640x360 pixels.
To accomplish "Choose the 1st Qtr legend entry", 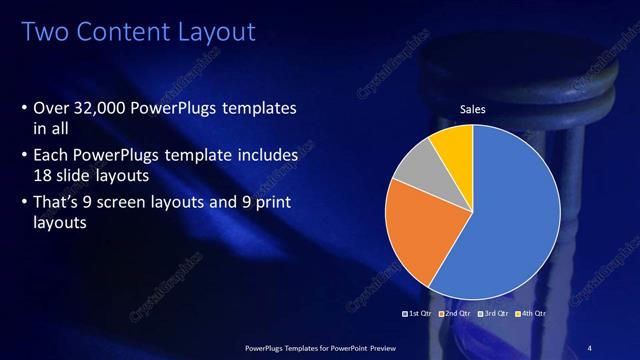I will click(419, 314).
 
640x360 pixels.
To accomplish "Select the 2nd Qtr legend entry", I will click(456, 314).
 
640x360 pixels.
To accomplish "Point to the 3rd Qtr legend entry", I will click(494, 314).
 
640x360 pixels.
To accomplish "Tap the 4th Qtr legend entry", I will click(531, 314).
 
